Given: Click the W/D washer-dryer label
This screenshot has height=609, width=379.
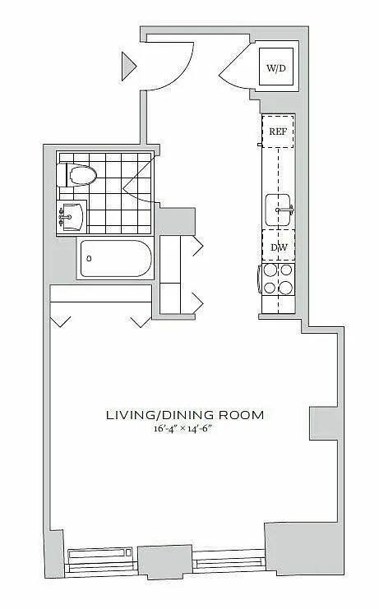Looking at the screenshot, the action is [276, 68].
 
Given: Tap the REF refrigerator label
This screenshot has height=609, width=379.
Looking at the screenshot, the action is [278, 131].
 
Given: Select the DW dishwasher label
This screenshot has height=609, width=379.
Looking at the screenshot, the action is [279, 247].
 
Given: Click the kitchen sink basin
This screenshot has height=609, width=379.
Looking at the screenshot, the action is [278, 210].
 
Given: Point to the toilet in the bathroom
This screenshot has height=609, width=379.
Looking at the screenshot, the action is [76, 175].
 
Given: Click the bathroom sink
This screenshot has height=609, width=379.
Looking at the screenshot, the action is [72, 216].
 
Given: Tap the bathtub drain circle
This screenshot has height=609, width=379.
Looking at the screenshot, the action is [89, 258].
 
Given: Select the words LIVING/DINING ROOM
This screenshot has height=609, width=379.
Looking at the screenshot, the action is [185, 415].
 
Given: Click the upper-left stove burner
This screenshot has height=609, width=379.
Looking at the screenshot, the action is [270, 270].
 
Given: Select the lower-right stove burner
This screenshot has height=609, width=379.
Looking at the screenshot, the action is [287, 288].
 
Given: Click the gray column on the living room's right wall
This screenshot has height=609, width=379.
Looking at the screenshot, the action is [324, 423].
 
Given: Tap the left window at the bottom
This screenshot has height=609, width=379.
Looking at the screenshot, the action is [101, 560].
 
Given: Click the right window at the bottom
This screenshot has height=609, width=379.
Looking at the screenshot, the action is [229, 561].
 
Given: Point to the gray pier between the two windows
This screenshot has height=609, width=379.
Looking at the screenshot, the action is [165, 562].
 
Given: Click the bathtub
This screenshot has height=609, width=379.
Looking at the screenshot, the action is [115, 258].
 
